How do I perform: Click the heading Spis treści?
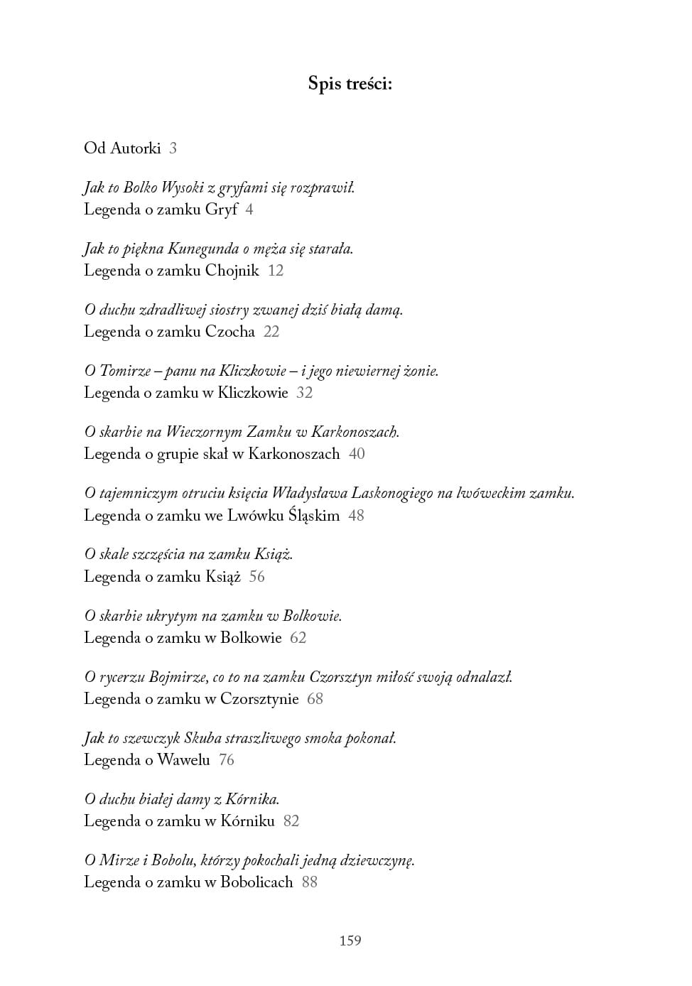[350, 84]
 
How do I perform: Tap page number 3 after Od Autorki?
[173, 148]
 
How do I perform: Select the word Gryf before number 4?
[221, 210]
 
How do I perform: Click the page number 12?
[276, 271]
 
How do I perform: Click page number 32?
[304, 393]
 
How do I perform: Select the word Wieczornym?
[203, 432]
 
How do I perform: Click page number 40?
[357, 454]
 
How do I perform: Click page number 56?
[256, 577]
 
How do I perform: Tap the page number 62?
[298, 638]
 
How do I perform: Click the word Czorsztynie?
[259, 699]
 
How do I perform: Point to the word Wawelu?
[183, 760]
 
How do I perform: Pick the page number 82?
[291, 821]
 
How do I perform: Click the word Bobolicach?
[256, 882]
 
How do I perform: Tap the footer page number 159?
[350, 941]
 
